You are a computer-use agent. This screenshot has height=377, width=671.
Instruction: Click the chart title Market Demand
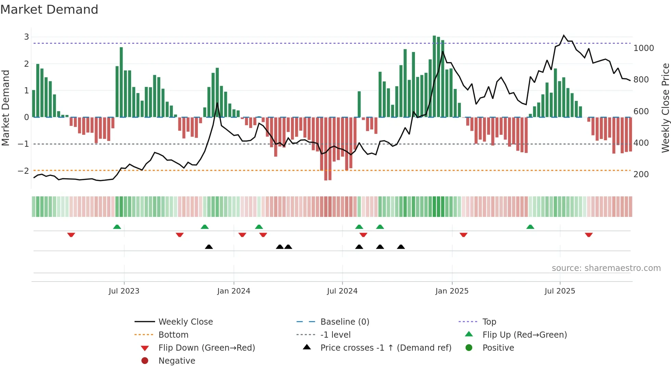pos(49,10)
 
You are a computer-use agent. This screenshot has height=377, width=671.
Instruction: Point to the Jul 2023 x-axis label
pos(124,291)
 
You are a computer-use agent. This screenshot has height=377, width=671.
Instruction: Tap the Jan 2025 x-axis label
pos(452,291)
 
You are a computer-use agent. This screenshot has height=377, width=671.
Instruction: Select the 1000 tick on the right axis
pos(644,48)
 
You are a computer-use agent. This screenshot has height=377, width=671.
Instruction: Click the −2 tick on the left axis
pos(24,171)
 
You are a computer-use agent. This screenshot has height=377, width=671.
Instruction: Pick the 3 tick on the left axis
pos(26,37)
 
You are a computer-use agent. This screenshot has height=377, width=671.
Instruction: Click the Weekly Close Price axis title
pos(665,108)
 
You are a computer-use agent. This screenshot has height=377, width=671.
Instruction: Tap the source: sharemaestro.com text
pos(606,268)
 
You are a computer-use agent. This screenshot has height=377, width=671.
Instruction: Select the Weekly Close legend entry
pos(185,322)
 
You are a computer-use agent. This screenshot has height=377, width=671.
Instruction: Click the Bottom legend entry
pos(173,335)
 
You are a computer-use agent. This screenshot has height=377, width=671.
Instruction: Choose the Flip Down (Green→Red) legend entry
pos(206,348)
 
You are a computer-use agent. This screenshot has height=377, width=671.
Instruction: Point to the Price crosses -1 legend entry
pos(385,348)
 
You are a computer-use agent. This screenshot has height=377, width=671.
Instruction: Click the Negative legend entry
pos(177,361)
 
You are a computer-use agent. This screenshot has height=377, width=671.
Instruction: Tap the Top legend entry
pos(489,322)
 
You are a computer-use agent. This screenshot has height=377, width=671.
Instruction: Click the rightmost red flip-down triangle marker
pos(588,235)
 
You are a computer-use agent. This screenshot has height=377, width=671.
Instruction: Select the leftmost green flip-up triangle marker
pos(117,227)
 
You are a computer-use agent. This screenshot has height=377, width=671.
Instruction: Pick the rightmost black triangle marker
pos(401,247)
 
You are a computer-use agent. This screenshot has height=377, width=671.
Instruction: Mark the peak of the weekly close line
pos(564,36)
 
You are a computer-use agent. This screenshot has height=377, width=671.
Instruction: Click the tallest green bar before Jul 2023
pos(121,82)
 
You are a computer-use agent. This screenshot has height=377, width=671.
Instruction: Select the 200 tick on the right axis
pos(641,174)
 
